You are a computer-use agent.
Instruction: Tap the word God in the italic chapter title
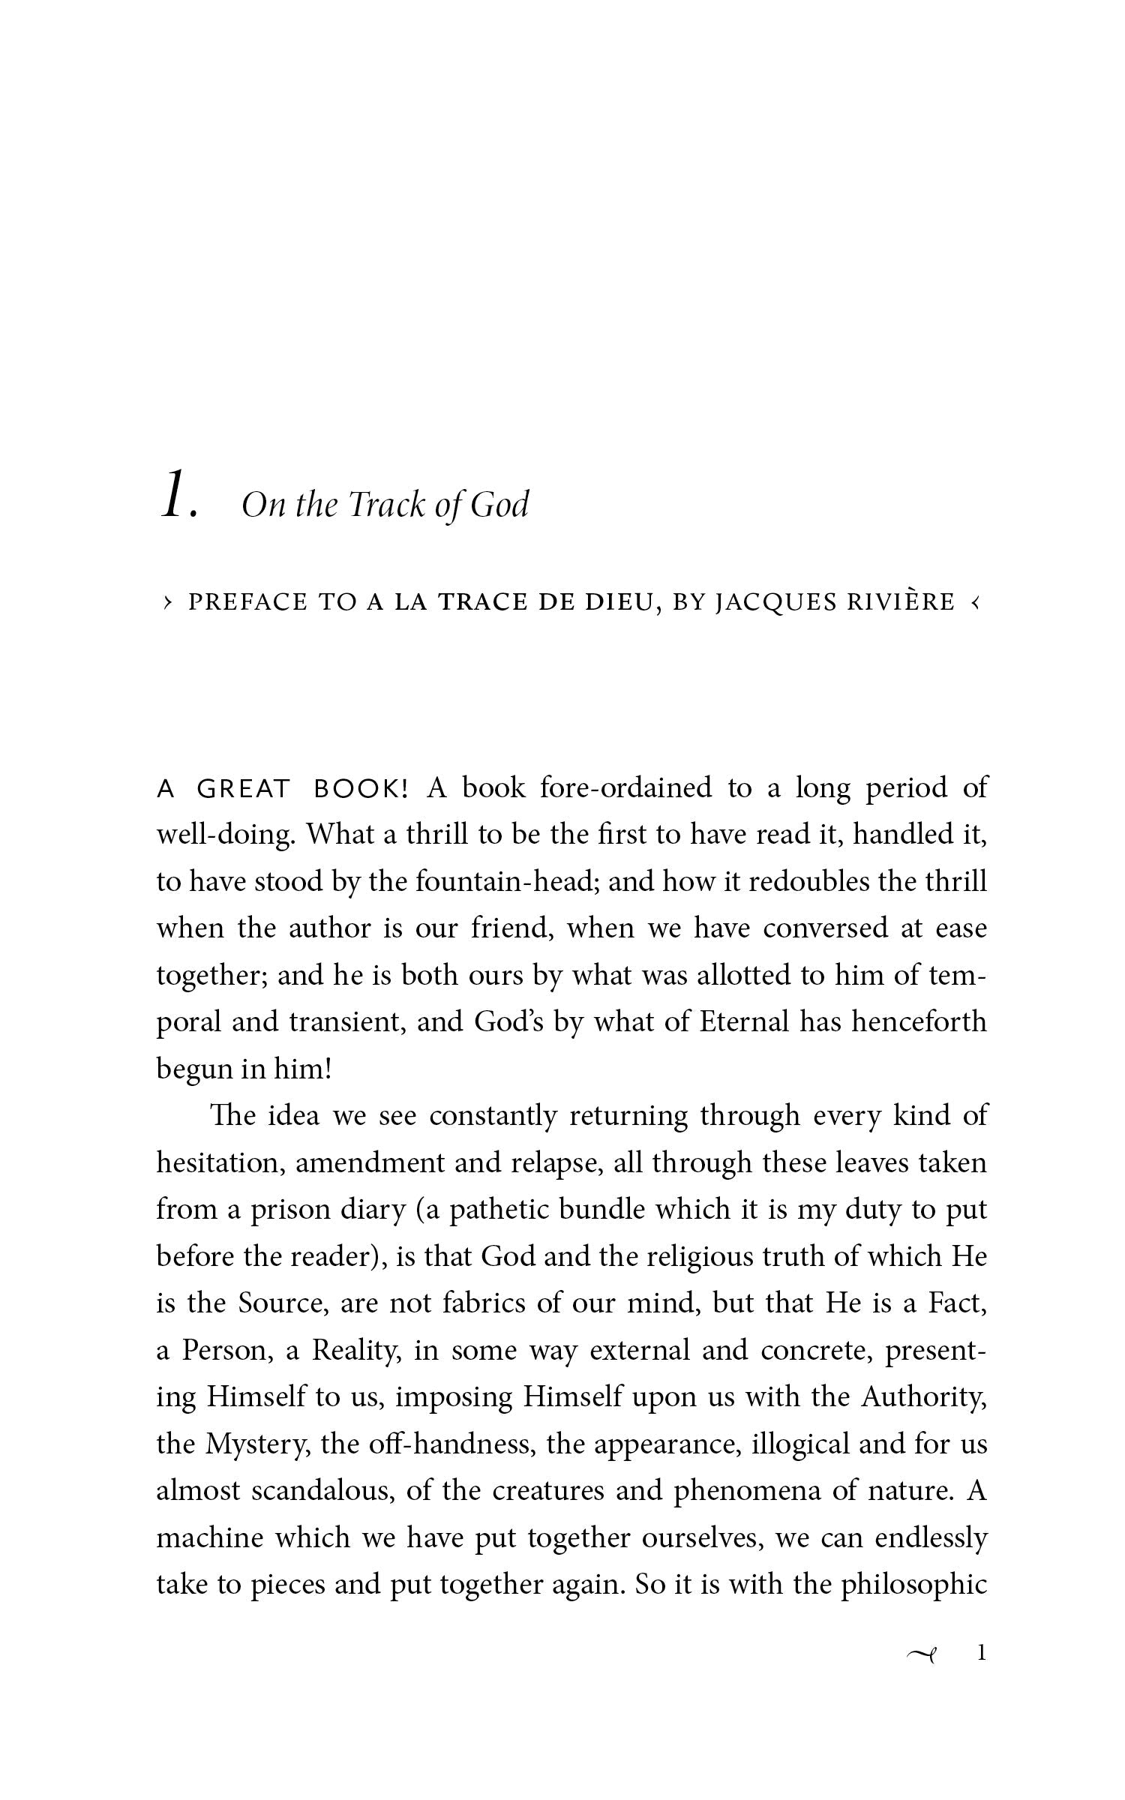499,505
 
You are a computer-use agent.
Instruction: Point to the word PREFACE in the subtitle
247,602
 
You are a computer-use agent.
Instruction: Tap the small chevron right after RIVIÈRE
975,601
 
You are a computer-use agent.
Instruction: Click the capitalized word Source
283,1303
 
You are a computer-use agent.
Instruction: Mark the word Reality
355,1351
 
